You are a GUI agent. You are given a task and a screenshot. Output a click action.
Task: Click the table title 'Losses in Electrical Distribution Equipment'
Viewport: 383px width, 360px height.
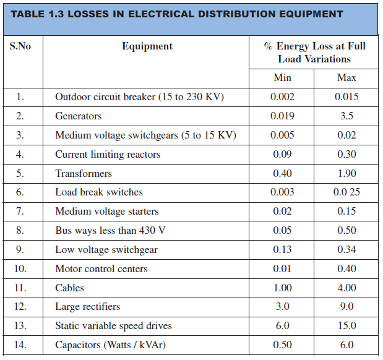click(177, 14)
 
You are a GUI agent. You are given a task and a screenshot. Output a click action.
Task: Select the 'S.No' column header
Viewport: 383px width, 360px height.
click(20, 46)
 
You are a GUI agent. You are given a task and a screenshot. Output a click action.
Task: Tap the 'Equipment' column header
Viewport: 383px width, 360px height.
click(147, 46)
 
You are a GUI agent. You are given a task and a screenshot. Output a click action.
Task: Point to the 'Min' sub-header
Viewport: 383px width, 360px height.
click(282, 78)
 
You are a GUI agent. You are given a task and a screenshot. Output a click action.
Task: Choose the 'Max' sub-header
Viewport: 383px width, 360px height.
click(346, 78)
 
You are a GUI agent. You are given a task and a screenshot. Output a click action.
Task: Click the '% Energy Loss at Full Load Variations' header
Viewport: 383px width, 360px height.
click(314, 53)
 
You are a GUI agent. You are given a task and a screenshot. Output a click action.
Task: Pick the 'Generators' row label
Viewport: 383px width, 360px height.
click(78, 116)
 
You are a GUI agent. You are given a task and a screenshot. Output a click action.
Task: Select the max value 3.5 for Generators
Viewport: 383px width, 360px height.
click(346, 116)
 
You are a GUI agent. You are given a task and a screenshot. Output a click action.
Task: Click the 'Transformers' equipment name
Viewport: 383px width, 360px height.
click(84, 173)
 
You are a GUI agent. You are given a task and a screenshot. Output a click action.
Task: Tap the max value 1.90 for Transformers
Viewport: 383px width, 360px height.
click(346, 173)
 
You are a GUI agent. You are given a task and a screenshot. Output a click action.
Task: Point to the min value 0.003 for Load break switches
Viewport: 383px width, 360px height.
click(282, 192)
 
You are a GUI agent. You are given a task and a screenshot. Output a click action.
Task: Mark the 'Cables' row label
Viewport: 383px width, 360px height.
click(69, 288)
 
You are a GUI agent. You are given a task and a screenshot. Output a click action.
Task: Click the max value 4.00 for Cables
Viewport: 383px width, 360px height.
click(346, 288)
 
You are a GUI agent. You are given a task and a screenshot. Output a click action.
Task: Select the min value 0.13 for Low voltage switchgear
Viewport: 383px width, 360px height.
click(282, 250)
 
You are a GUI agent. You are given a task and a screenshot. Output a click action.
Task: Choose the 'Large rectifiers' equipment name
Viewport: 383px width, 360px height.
click(87, 307)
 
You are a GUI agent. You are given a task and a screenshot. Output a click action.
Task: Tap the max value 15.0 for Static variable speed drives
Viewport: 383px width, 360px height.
click(346, 326)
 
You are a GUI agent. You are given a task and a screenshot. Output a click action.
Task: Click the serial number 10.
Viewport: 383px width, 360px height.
click(20, 269)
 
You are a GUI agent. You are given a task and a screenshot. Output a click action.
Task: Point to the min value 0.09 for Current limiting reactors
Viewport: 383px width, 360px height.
click(282, 154)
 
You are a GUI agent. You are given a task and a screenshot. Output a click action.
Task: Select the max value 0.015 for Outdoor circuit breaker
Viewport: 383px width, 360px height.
click(346, 97)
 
